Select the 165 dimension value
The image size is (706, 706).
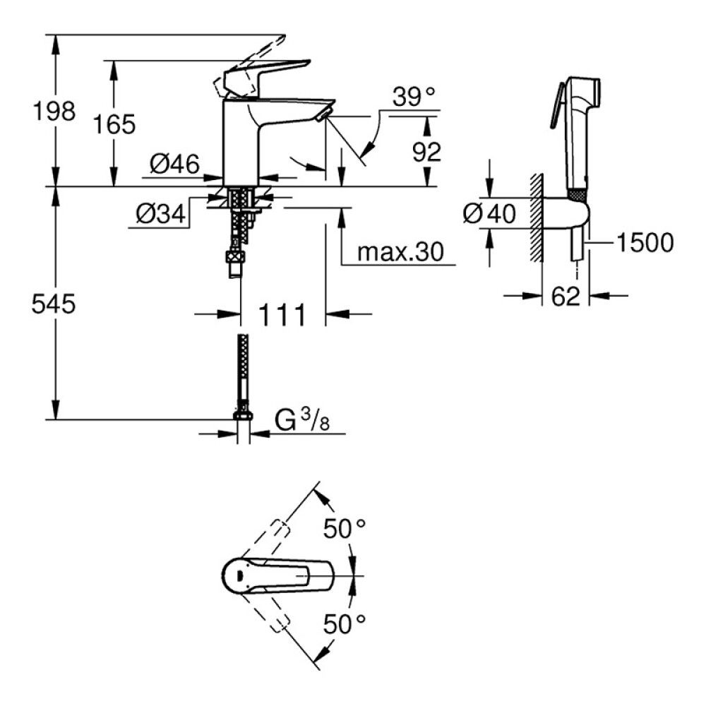click(115, 124)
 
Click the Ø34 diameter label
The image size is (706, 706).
click(160, 213)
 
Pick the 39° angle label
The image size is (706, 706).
click(414, 97)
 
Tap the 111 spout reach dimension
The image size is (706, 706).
click(283, 313)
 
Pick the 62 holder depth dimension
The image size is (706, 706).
click(566, 296)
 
